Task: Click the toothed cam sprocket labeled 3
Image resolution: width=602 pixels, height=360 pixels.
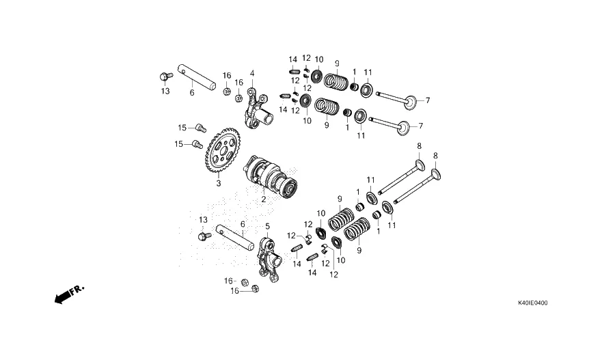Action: click(223, 152)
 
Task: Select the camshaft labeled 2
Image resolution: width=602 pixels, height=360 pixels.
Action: click(271, 177)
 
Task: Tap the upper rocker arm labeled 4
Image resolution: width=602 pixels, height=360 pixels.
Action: click(256, 109)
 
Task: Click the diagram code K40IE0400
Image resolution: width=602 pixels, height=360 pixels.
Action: click(532, 303)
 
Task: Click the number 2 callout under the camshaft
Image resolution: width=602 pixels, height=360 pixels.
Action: click(263, 199)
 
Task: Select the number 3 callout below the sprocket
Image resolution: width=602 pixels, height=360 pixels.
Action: click(219, 184)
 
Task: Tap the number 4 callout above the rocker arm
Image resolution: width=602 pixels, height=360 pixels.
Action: click(252, 73)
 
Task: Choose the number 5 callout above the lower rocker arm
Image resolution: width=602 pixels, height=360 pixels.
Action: click(268, 226)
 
